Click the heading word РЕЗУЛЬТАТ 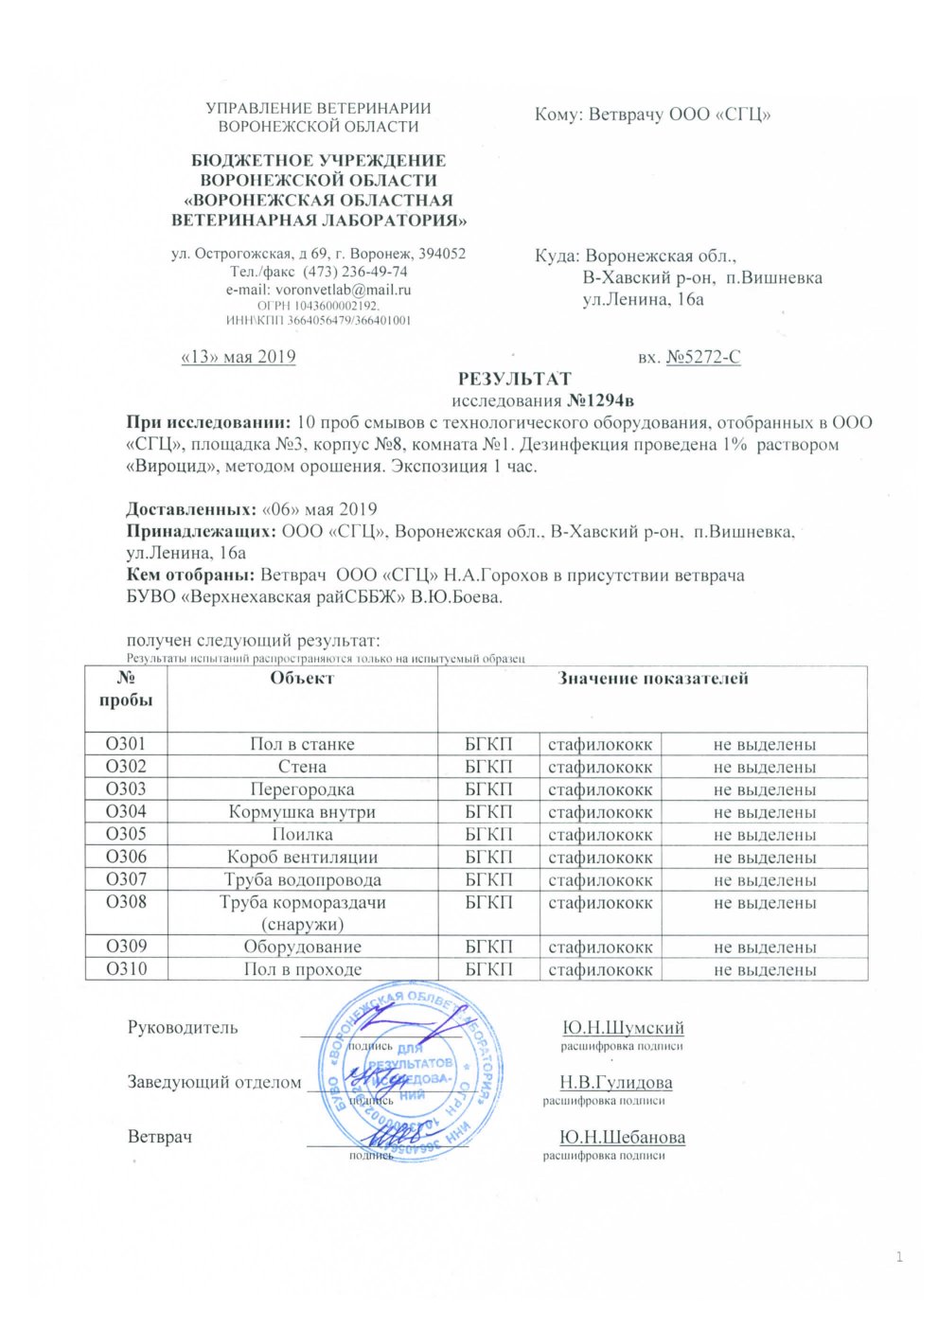514,379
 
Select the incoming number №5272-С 703,357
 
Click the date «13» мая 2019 238,357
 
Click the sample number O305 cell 126,834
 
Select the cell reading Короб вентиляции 302,857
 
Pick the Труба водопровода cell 302,879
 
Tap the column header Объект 302,678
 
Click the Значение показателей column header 653,678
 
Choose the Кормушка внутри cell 302,811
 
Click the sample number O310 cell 126,968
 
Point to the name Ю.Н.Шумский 623,1028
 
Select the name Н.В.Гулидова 615,1082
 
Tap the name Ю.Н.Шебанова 622,1137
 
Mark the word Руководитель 183,1028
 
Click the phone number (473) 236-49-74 355,272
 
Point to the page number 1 899,1257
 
